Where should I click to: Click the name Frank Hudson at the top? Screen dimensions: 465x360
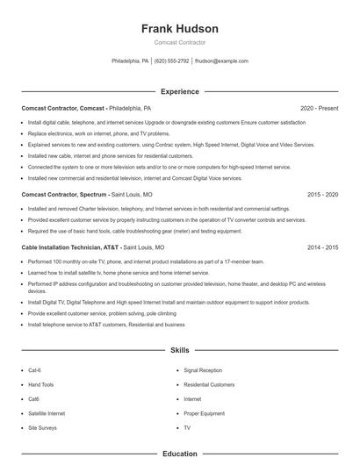[x=180, y=29]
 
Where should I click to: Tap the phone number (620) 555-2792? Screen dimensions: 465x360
[x=172, y=61]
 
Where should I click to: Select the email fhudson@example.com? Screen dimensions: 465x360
[x=221, y=61]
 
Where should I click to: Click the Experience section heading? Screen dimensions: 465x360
[x=180, y=91]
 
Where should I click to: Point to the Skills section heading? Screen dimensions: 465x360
[x=180, y=350]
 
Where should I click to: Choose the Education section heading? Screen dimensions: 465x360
[x=180, y=454]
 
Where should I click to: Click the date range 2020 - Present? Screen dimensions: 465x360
[x=320, y=108]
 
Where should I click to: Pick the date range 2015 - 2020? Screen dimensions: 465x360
[x=322, y=194]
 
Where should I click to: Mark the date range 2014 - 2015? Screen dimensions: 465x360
[x=322, y=247]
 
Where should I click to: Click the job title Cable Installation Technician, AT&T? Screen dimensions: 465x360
[x=71, y=247]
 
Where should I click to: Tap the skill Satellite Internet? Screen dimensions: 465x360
[x=47, y=412]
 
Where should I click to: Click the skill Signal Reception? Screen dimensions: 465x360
[x=203, y=370]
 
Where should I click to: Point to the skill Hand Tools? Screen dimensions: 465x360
[x=41, y=384]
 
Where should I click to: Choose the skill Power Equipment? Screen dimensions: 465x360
[x=204, y=412]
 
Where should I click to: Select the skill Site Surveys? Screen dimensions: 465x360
[x=42, y=426]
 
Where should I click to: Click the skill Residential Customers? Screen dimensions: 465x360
[x=209, y=384]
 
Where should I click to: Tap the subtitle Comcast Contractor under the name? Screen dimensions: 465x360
[x=180, y=43]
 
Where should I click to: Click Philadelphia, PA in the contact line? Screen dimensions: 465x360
[x=130, y=61]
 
